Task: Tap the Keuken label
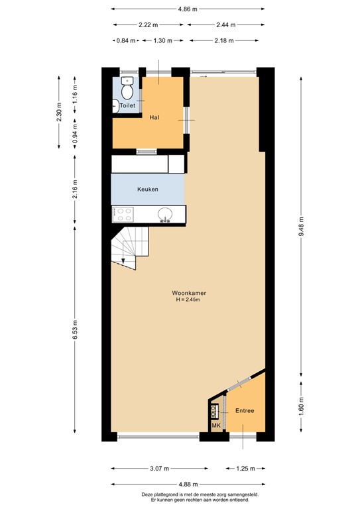[x=148, y=190]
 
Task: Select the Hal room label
[x=154, y=117]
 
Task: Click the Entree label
[x=245, y=411]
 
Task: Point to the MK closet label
[x=216, y=425]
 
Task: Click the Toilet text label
[x=127, y=105]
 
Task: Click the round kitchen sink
[x=166, y=213]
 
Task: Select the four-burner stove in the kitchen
[x=123, y=213]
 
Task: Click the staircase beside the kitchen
[x=129, y=249]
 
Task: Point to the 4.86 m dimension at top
[x=188, y=9]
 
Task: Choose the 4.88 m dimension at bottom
[x=188, y=484]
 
